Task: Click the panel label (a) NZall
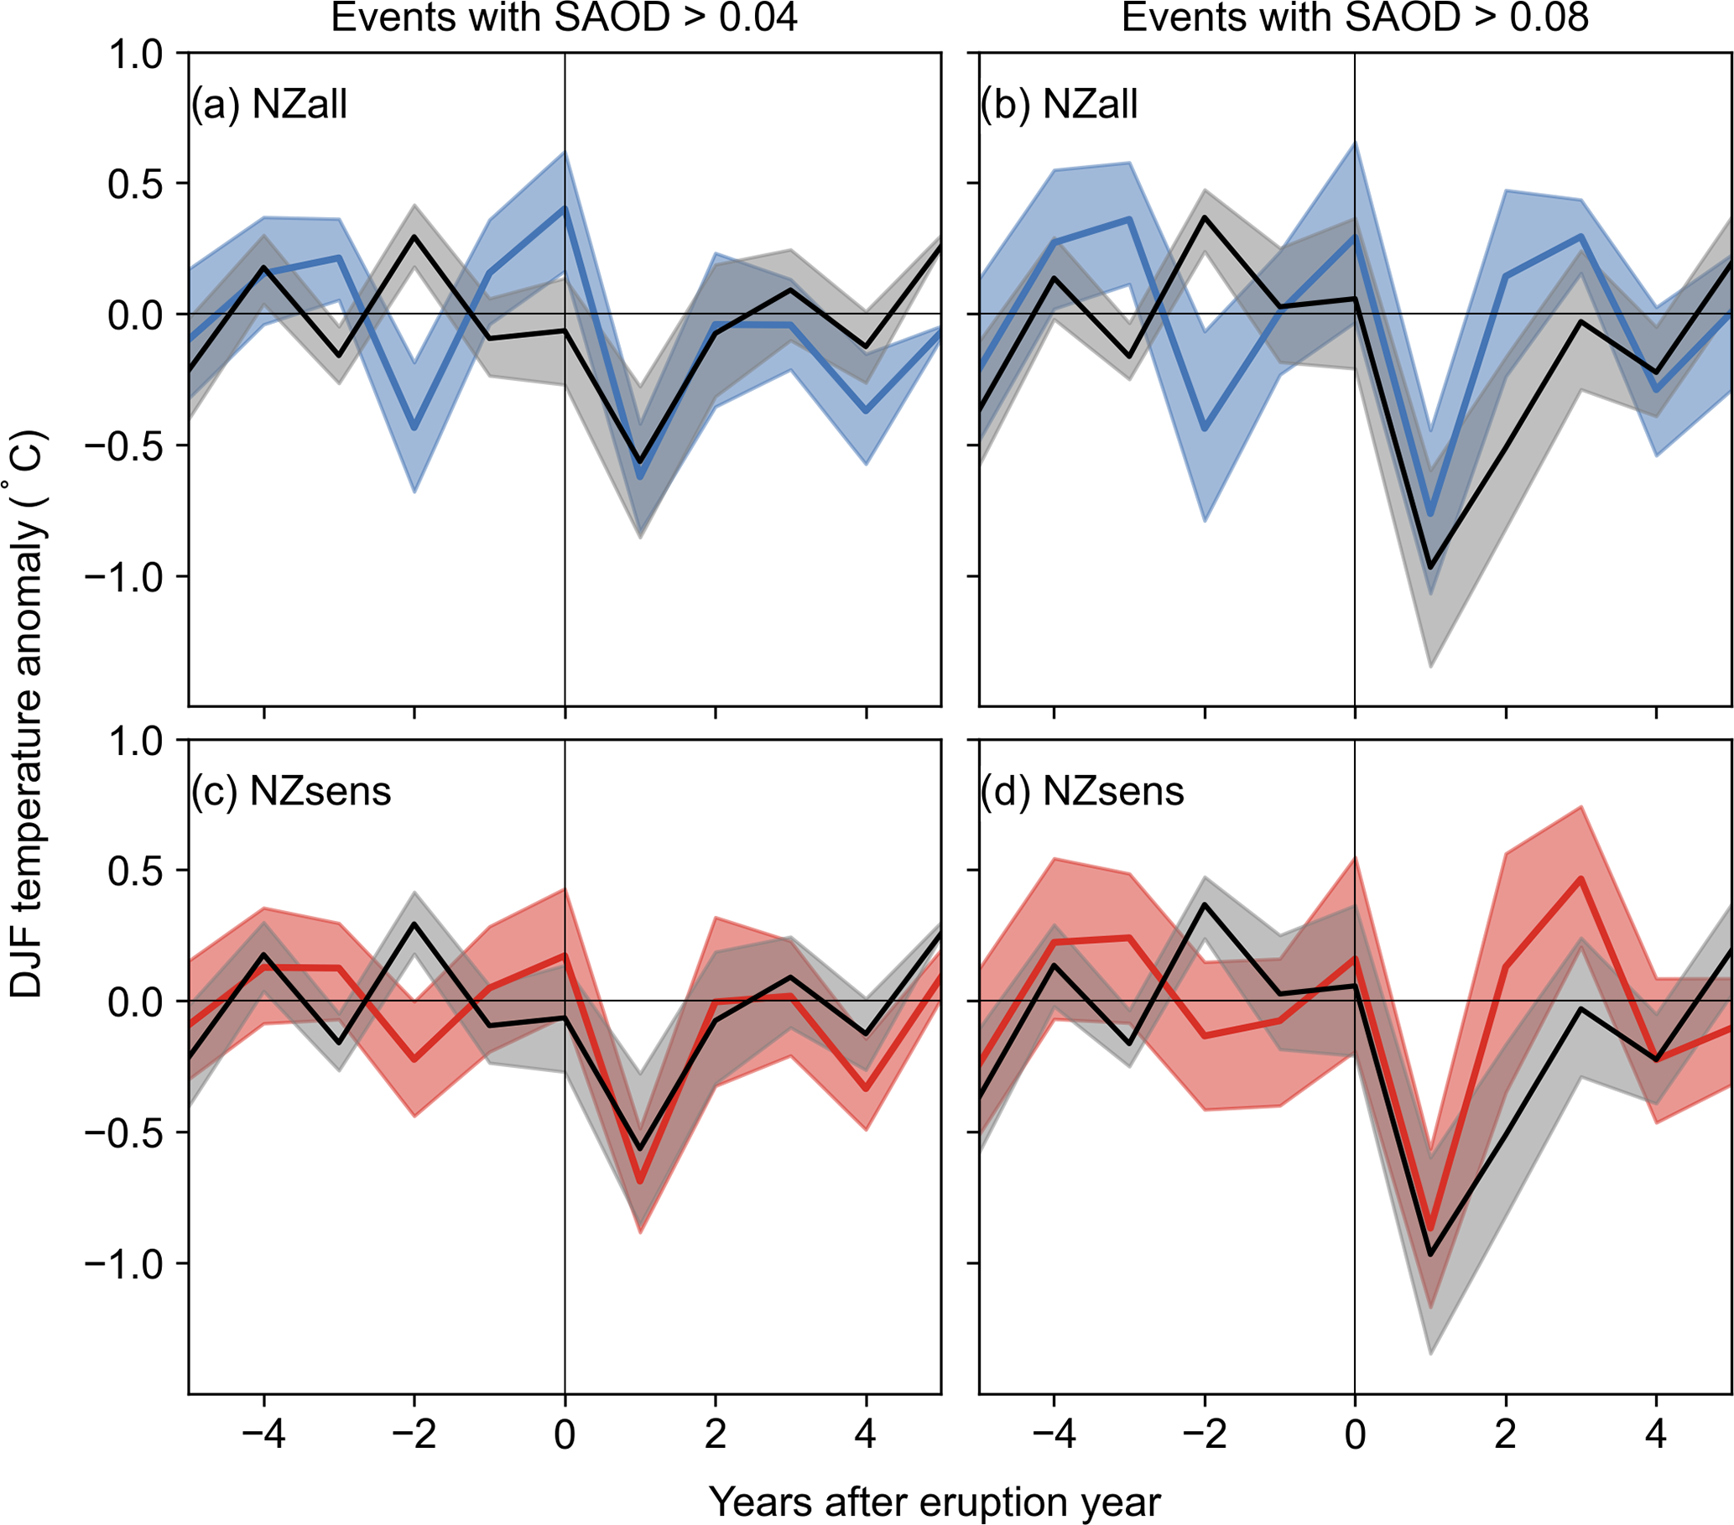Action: [x=269, y=104]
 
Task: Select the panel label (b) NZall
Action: [x=1059, y=104]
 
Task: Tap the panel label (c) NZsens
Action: [x=290, y=791]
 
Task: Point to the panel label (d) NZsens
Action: [x=1081, y=791]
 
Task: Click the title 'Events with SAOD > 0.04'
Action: [x=564, y=17]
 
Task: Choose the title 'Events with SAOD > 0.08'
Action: [x=1355, y=17]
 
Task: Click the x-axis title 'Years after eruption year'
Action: [x=934, y=1502]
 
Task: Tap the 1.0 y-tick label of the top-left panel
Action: [x=135, y=54]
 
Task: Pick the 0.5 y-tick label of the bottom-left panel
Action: [x=135, y=871]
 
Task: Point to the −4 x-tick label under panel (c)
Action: [x=263, y=1434]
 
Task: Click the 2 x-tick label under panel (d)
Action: [x=1505, y=1434]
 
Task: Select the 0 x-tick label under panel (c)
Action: [x=564, y=1434]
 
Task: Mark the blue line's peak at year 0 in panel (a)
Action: [x=564, y=209]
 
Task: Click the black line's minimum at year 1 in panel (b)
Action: [x=1430, y=566]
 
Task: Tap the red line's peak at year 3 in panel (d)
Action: [x=1581, y=879]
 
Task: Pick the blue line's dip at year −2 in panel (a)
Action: [x=414, y=429]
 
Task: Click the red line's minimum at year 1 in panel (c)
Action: [x=639, y=1180]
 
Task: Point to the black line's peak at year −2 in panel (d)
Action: [x=1205, y=904]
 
